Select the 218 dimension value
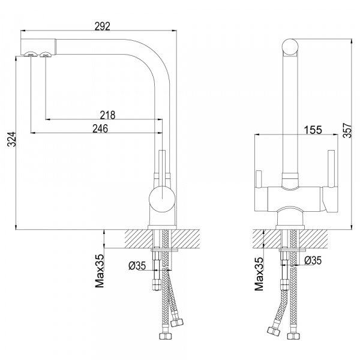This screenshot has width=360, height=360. [x=107, y=115]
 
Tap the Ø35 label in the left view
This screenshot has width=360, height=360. [x=137, y=265]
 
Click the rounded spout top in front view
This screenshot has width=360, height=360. [x=290, y=46]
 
